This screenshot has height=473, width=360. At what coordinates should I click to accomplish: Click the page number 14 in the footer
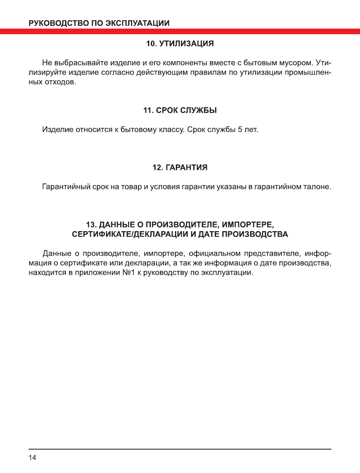click(x=33, y=458)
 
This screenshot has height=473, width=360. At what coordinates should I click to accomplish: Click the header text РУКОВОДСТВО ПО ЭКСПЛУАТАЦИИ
click(x=99, y=23)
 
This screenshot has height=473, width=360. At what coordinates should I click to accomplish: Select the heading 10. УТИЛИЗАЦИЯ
click(x=180, y=44)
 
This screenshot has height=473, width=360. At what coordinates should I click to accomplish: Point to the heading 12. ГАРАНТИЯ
click(x=180, y=168)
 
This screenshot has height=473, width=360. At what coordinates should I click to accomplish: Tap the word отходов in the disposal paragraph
click(x=60, y=82)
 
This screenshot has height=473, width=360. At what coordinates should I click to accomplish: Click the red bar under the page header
click(x=180, y=31)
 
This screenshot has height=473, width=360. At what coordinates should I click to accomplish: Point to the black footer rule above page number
click(x=180, y=449)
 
